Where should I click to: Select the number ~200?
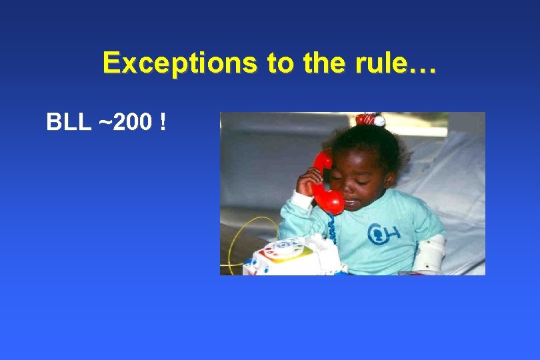[x=126, y=123]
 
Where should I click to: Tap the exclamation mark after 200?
[x=163, y=123]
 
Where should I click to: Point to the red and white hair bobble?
[x=370, y=120]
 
